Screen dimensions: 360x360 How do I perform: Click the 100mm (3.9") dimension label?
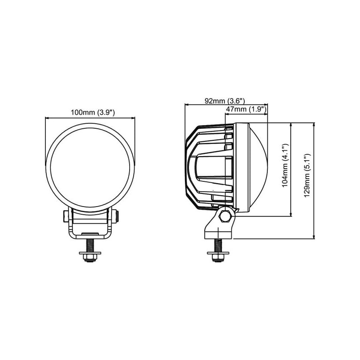pos(93,112)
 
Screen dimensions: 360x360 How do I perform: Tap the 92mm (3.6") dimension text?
pos(225,101)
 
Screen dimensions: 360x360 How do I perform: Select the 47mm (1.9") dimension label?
pos(246,109)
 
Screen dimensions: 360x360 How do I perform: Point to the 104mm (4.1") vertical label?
pos(285,166)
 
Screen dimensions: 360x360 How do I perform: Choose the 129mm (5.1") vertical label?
pos(307,175)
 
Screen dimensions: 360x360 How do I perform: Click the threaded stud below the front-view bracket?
pos(90,245)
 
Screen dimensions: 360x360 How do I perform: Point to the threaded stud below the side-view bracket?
pos(218,245)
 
